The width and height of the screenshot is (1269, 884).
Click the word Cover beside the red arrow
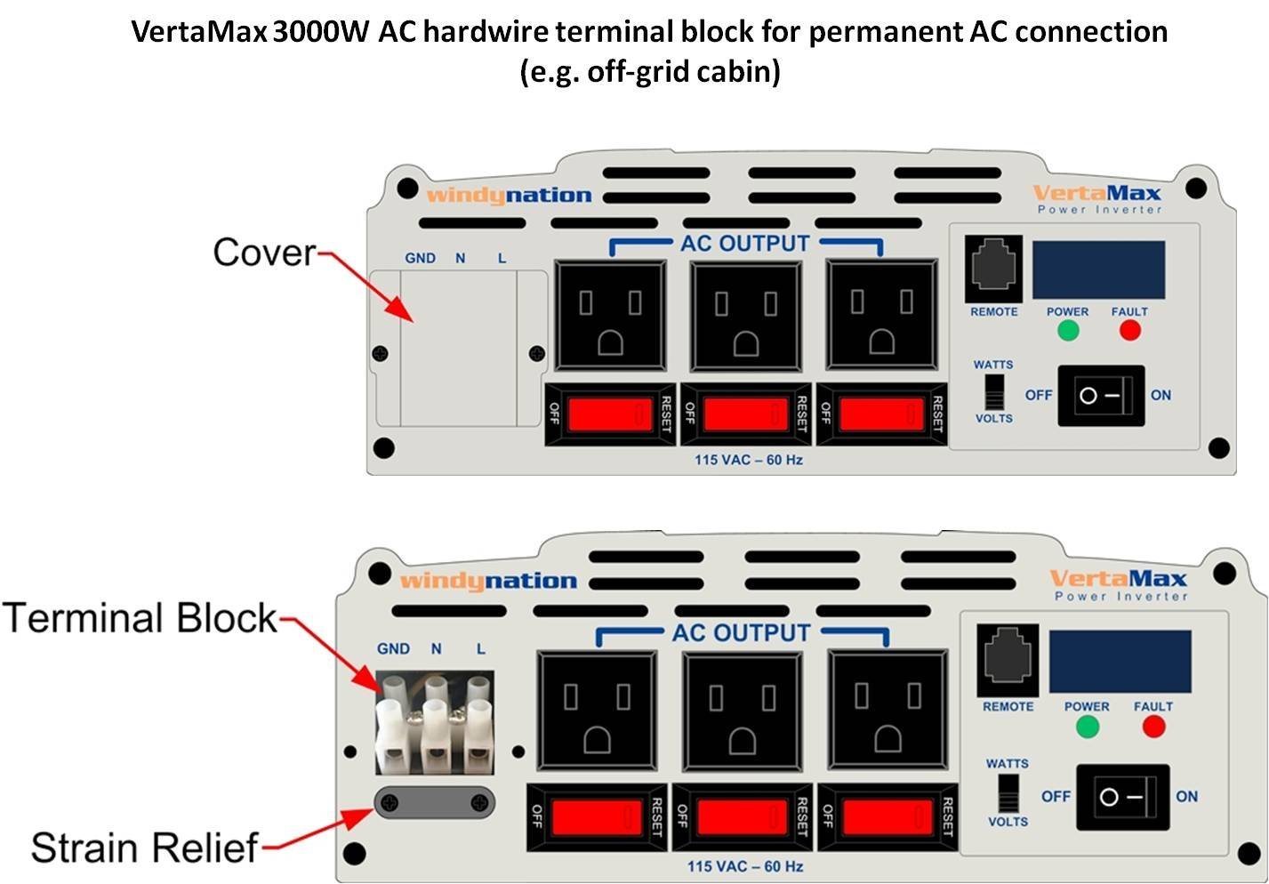[264, 253]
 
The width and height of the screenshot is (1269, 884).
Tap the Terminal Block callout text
[141, 618]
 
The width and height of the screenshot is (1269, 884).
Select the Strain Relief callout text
[144, 848]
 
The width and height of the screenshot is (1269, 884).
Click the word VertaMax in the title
[198, 32]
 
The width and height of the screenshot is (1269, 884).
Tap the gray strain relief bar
[434, 804]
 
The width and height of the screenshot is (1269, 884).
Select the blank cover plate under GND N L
[458, 347]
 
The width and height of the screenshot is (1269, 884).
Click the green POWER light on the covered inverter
[1068, 331]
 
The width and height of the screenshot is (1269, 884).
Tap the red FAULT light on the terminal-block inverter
[1153, 727]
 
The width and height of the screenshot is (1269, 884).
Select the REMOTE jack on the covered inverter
[993, 269]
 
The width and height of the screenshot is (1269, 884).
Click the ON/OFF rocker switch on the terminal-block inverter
[1122, 797]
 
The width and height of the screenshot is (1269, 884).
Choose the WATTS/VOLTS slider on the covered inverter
[994, 391]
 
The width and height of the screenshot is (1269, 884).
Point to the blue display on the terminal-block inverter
[1120, 662]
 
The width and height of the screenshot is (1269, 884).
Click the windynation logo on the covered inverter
[509, 196]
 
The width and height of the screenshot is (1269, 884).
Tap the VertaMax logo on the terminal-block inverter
[1119, 579]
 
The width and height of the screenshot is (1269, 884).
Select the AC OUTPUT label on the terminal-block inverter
[741, 633]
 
